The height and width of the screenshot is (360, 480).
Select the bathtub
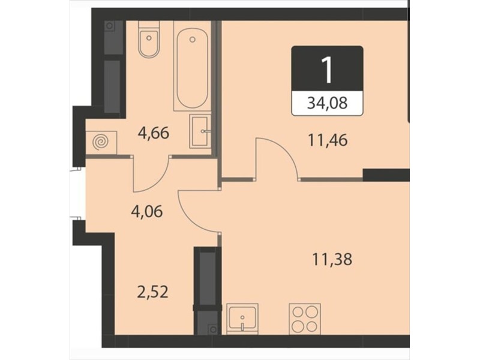click(x=192, y=66)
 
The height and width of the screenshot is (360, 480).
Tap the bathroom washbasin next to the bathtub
click(x=200, y=131)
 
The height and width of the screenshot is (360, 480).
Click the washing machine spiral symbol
click(x=101, y=142)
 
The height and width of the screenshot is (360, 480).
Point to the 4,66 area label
click(x=154, y=134)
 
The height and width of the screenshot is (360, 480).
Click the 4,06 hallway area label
click(x=146, y=212)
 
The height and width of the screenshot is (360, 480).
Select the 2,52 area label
click(x=153, y=292)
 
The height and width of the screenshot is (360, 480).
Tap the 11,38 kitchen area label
click(x=332, y=259)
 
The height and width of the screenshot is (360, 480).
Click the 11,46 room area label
click(x=328, y=140)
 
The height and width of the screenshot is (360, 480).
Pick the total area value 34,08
click(x=327, y=103)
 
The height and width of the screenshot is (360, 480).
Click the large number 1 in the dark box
click(x=327, y=70)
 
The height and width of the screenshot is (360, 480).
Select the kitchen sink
click(x=242, y=319)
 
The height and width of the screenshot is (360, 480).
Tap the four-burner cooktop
click(x=305, y=319)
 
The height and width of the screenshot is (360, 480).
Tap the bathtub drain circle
click(x=192, y=39)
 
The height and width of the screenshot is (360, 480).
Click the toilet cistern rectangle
click(x=149, y=25)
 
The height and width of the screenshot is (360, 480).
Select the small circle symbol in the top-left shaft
click(x=109, y=26)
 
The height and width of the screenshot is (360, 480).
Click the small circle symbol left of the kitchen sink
click(x=213, y=329)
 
